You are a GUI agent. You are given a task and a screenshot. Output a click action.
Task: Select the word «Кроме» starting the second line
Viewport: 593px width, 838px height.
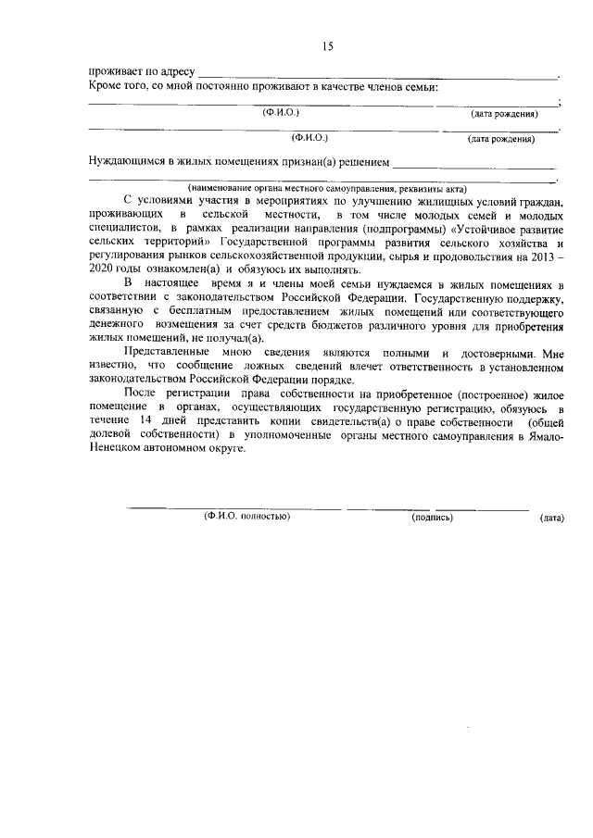click(x=107, y=87)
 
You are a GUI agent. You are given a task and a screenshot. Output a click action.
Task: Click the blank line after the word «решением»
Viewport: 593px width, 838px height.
click(x=473, y=165)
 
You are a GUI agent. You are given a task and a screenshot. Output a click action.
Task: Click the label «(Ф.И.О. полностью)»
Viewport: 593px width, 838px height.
click(x=246, y=517)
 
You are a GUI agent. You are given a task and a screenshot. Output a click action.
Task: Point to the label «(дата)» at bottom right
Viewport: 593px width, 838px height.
click(x=551, y=518)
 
